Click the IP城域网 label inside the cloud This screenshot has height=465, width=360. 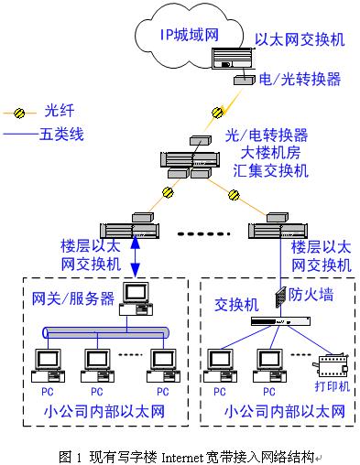190,35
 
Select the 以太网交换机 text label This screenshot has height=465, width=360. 300,39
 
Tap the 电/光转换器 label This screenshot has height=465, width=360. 300,79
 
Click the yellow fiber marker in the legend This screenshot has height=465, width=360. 19,113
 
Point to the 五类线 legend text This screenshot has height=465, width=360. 61,134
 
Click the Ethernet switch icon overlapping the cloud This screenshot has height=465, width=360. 233,59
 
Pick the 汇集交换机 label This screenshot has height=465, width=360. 270,170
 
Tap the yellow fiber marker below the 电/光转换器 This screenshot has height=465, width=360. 218,113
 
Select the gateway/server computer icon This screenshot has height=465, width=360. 136,298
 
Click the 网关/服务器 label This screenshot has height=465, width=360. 73,298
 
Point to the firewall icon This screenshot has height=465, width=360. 279,297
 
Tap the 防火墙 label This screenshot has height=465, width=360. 311,295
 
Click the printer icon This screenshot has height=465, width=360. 331,365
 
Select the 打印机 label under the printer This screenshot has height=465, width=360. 332,386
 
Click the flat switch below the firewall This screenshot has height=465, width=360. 280,321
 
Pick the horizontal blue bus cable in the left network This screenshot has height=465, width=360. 106,332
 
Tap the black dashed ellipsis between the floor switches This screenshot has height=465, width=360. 203,234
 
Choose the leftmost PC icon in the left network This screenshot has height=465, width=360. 48,366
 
